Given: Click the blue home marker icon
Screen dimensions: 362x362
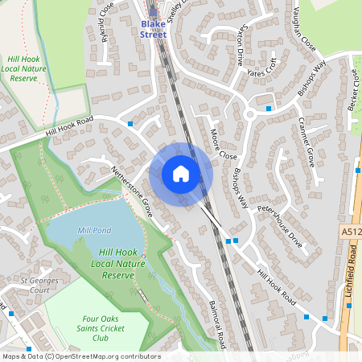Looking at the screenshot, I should point(181,174).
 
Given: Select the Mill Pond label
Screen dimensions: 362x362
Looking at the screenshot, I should point(93,231).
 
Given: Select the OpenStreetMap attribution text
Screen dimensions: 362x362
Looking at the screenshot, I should point(80,356).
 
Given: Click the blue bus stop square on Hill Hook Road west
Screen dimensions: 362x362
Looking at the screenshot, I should point(130,124).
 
